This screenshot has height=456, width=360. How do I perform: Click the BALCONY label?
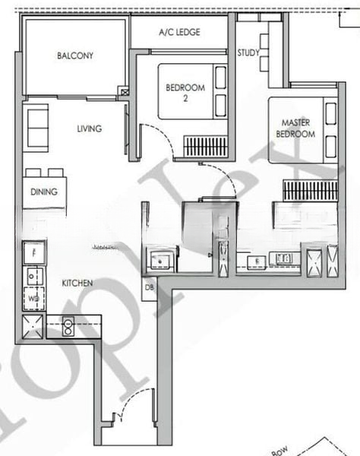coord(74,55)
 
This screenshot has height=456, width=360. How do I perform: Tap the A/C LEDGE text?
coord(178,33)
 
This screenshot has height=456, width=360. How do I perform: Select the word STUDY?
coord(248,52)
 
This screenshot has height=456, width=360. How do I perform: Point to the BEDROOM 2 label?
coord(185,93)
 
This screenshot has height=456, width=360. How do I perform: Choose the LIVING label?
coord(89,128)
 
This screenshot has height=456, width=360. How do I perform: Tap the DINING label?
coord(44,192)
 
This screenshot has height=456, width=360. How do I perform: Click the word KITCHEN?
coord(77,283)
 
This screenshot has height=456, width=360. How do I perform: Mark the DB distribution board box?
coord(149,287)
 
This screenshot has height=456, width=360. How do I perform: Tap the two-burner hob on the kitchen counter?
coord(67,326)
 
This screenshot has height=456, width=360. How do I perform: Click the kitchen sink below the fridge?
coord(34,274)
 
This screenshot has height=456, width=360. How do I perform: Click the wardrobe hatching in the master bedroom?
coord(309,190)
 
